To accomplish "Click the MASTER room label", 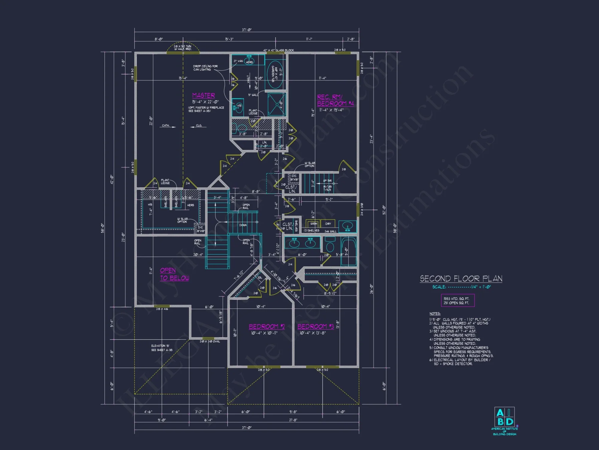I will tap(203, 95).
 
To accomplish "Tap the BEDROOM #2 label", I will tap(267, 326).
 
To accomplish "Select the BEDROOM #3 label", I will tap(315, 326).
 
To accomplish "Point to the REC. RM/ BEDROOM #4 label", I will tap(335, 100).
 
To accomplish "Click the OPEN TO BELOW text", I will tap(174, 274).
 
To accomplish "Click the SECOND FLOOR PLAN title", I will tap(461, 279).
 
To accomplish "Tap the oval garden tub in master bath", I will tap(275, 75).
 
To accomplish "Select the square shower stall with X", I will tap(277, 104).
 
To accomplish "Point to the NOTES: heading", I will tap(435, 313).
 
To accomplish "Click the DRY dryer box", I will tap(328, 224).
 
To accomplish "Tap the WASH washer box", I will tap(313, 224).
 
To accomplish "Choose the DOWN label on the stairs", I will tap(243, 225).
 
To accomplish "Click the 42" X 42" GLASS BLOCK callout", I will tap(279, 50).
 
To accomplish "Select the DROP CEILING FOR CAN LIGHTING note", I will tap(205, 68).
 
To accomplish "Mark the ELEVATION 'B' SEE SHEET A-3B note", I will tap(161, 348).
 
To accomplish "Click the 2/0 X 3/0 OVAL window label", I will tap(210, 341).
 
